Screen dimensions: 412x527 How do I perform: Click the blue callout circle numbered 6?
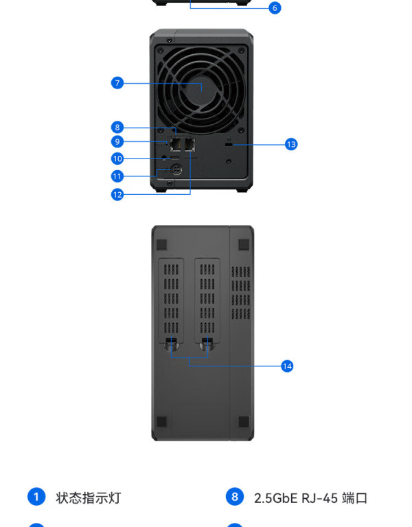pyautogui.click(x=275, y=8)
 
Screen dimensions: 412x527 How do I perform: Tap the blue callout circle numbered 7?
pyautogui.click(x=117, y=82)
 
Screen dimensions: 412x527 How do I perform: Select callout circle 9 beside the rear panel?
pyautogui.click(x=117, y=141)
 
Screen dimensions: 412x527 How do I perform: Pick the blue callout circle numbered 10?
pyautogui.click(x=117, y=159)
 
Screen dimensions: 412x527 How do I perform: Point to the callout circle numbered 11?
pyautogui.click(x=117, y=176)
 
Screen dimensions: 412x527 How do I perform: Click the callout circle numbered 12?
pyautogui.click(x=117, y=194)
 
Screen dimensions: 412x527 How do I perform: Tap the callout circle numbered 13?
pyautogui.click(x=291, y=145)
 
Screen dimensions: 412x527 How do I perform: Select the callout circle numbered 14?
pyautogui.click(x=287, y=366)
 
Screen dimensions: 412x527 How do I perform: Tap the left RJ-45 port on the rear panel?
pyautogui.click(x=176, y=145)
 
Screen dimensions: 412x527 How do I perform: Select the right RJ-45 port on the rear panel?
pyautogui.click(x=190, y=145)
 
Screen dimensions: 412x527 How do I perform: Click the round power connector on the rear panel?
pyautogui.click(x=176, y=169)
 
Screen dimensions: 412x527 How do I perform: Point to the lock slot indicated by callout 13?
pyautogui.click(x=229, y=145)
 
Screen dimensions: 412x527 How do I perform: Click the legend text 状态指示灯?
pyautogui.click(x=89, y=497)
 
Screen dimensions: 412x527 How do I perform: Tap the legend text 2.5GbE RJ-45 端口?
pyautogui.click(x=310, y=497)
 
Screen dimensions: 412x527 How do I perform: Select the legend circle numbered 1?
pyautogui.click(x=36, y=496)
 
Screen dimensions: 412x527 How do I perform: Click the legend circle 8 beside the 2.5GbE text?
pyautogui.click(x=235, y=496)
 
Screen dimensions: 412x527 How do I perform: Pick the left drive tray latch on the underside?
pyautogui.click(x=171, y=344)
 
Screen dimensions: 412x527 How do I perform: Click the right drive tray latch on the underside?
pyautogui.click(x=207, y=344)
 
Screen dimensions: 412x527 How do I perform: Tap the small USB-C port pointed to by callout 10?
pyautogui.click(x=175, y=158)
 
